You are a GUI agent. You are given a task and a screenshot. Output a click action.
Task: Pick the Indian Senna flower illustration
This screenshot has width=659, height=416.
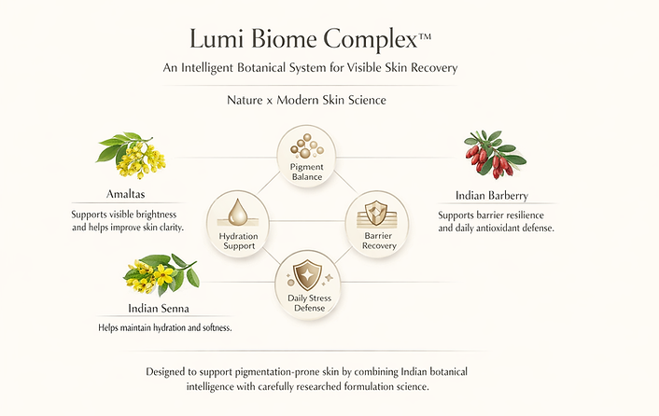click(161, 274)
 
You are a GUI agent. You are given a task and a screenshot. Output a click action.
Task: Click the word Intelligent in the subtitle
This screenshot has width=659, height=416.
click(279, 68)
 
